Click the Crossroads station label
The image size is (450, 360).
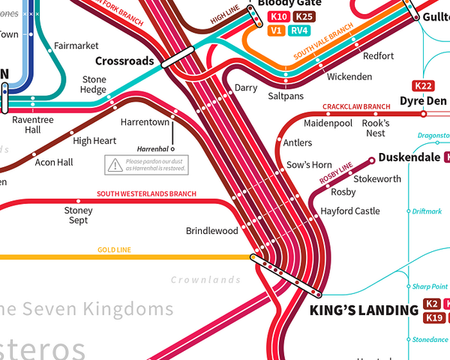point(124,61)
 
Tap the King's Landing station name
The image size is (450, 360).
point(364,310)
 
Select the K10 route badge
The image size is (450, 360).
point(279,16)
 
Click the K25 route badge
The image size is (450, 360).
point(304,16)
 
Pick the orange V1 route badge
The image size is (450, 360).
point(275,31)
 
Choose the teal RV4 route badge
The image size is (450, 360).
point(299,31)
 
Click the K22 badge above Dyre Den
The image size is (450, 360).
point(424,86)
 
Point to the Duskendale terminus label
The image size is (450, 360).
point(410,157)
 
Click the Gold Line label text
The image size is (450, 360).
point(113,250)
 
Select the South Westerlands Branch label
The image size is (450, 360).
point(146,193)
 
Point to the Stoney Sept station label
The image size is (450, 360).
point(79,215)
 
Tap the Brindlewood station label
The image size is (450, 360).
point(211,231)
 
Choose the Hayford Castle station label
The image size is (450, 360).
point(350,211)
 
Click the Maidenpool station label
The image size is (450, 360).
point(328,123)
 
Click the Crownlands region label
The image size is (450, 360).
point(205,280)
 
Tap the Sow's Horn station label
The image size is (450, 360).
point(309,165)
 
